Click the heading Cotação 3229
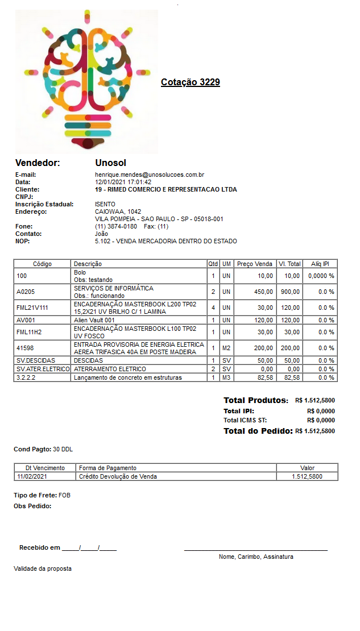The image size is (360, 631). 190,82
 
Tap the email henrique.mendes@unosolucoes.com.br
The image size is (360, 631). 150,175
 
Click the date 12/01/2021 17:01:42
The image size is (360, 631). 123,182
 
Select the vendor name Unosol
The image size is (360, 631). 110,163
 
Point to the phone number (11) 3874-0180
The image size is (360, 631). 116,226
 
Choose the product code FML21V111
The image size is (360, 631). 32,308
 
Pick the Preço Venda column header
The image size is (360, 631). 254,264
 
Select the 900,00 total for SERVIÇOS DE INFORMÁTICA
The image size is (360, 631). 292,292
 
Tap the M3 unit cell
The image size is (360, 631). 226,377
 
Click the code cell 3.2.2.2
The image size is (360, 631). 27,377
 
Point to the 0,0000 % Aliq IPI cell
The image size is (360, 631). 321,276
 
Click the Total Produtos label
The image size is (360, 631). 256,400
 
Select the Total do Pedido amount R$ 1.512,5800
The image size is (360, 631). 315,431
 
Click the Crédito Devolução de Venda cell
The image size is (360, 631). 118,476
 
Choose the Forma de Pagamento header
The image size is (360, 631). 107,468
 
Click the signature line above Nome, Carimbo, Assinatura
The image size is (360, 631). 255,550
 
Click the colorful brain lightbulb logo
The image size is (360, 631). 87,81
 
